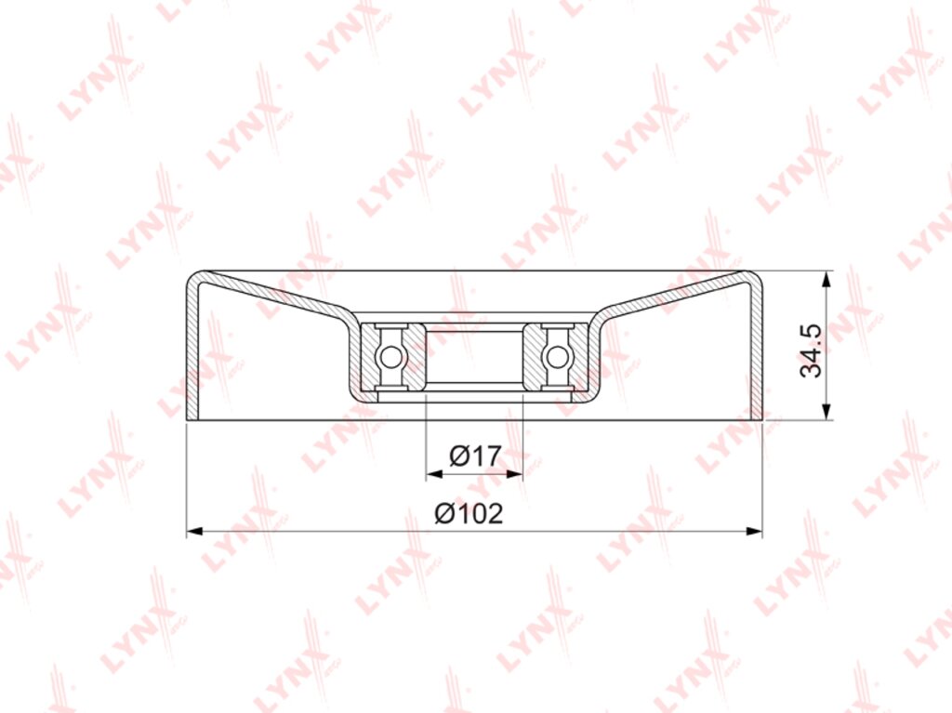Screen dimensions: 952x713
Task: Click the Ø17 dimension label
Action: click(x=475, y=456)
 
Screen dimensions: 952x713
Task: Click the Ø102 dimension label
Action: click(x=469, y=514)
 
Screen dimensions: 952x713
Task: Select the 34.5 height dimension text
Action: click(x=811, y=350)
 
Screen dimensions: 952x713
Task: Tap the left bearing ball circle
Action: click(x=390, y=357)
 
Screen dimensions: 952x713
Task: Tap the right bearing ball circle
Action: click(x=556, y=357)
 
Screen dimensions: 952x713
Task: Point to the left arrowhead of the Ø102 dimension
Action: click(x=194, y=532)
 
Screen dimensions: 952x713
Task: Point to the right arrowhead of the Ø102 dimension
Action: click(x=754, y=532)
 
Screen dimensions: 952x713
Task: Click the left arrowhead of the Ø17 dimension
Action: click(x=434, y=474)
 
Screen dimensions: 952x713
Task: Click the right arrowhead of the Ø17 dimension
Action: click(x=514, y=474)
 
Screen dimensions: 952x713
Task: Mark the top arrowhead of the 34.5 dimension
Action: click(x=826, y=280)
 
